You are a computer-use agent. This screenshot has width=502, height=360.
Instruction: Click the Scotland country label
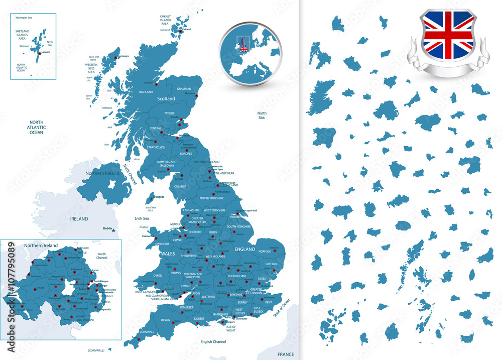(x=166, y=99)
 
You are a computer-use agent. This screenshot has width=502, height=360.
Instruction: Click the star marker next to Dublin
(x=114, y=230)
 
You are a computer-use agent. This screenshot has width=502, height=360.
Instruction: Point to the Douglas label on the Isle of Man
(x=159, y=197)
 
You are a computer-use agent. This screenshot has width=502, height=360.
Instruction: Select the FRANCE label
(x=286, y=354)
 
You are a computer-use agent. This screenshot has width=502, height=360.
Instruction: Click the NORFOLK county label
(x=264, y=251)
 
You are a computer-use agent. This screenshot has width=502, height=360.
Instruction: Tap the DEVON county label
(x=166, y=320)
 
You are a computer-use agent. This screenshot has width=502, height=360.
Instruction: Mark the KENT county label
(x=268, y=302)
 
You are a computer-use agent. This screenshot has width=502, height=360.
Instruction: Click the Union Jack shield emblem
(x=448, y=35)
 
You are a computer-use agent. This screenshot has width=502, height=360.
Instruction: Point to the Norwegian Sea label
(x=24, y=18)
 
